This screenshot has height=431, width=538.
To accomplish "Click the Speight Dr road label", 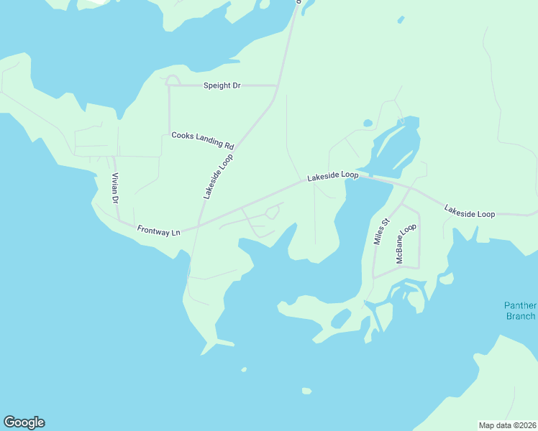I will pyautogui.click(x=222, y=85).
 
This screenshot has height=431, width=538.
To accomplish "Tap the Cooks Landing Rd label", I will pyautogui.click(x=203, y=140).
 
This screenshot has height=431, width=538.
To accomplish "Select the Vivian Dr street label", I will pyautogui.click(x=114, y=188).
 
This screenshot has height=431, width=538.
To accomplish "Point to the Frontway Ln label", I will pyautogui.click(x=158, y=230).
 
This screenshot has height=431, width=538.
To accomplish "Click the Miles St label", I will pyautogui.click(x=381, y=231).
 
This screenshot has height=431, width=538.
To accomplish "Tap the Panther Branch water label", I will pyautogui.click(x=519, y=311).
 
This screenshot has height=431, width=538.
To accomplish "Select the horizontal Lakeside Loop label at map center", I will pyautogui.click(x=332, y=175).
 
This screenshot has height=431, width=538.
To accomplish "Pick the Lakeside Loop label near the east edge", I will pyautogui.click(x=470, y=210).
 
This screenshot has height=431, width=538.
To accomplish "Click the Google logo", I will pyautogui.click(x=24, y=422).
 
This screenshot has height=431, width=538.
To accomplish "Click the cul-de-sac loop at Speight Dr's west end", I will pyautogui.click(x=173, y=80).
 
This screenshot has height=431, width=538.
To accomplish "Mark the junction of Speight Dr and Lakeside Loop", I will pyautogui.click(x=278, y=85).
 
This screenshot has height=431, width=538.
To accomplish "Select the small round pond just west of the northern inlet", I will pyautogui.click(x=368, y=123).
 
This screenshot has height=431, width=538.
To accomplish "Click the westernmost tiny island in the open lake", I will pyautogui.click(x=244, y=370).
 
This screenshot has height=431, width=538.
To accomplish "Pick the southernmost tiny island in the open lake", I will pyautogui.click(x=306, y=391).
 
